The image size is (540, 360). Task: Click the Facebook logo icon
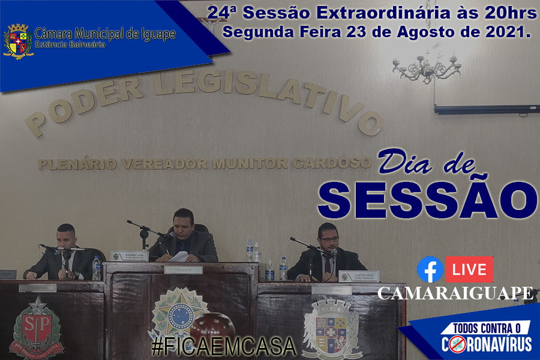430,270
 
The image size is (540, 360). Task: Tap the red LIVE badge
469,270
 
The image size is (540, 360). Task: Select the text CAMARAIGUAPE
455,293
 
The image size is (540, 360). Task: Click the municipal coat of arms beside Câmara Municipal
18,41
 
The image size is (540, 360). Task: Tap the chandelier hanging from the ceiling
426,67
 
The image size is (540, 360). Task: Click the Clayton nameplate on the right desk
359,276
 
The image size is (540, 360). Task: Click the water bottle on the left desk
96,268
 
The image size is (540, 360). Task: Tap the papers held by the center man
179,256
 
